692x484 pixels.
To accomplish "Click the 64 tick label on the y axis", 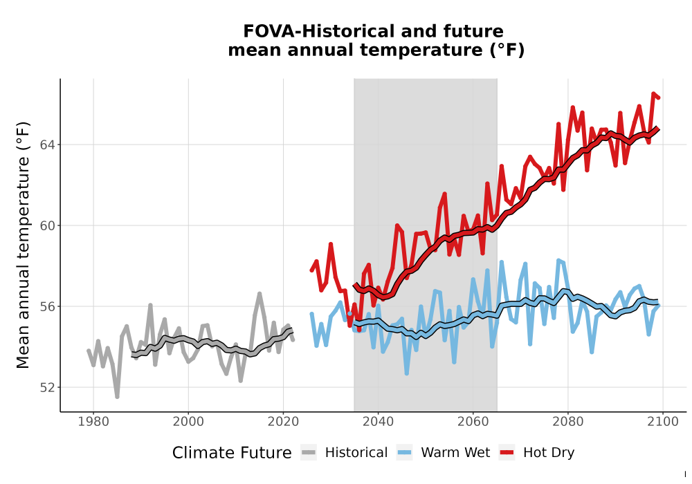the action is (48, 145).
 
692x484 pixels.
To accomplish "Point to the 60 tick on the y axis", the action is (48, 225).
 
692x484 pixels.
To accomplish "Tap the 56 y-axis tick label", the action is (48, 306).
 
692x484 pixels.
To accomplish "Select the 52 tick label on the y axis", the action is (48, 387).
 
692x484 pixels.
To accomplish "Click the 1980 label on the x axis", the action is (93, 422).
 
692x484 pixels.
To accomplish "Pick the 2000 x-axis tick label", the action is (188, 422).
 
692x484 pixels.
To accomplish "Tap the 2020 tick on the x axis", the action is (283, 422).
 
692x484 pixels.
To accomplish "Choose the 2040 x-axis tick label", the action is (378, 422).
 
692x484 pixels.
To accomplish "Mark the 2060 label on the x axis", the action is (473, 422).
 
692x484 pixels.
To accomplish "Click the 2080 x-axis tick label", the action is (567, 422).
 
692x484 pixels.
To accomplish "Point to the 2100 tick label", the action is (662, 422).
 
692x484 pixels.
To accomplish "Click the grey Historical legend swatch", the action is (309, 453).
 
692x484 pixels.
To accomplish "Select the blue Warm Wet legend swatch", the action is (404, 453).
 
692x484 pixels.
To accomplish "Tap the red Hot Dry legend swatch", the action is (507, 453).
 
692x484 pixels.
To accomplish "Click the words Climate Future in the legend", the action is (232, 453).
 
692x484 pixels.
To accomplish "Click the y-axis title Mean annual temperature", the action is (23, 245).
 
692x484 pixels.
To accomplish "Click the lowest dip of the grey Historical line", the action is (117, 397).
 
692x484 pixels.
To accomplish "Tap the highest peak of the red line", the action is (653, 94).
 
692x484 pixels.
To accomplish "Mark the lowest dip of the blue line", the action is (406, 373).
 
